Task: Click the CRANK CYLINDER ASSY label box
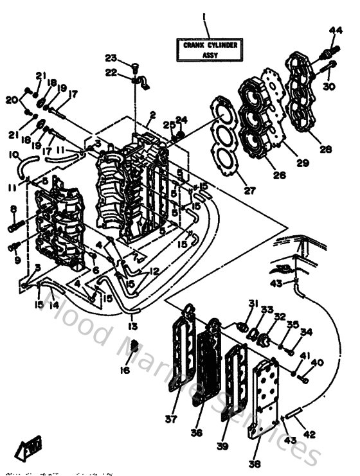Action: pos(210,50)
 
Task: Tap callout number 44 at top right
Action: pos(336,30)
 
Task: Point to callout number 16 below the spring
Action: pos(125,371)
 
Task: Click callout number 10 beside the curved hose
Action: pos(13,154)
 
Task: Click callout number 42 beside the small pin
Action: pos(310,435)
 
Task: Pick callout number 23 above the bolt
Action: pos(111,57)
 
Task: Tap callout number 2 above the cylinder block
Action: pos(152,115)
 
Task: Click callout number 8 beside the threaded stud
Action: pos(13,208)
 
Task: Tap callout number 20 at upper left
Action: pos(11,99)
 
